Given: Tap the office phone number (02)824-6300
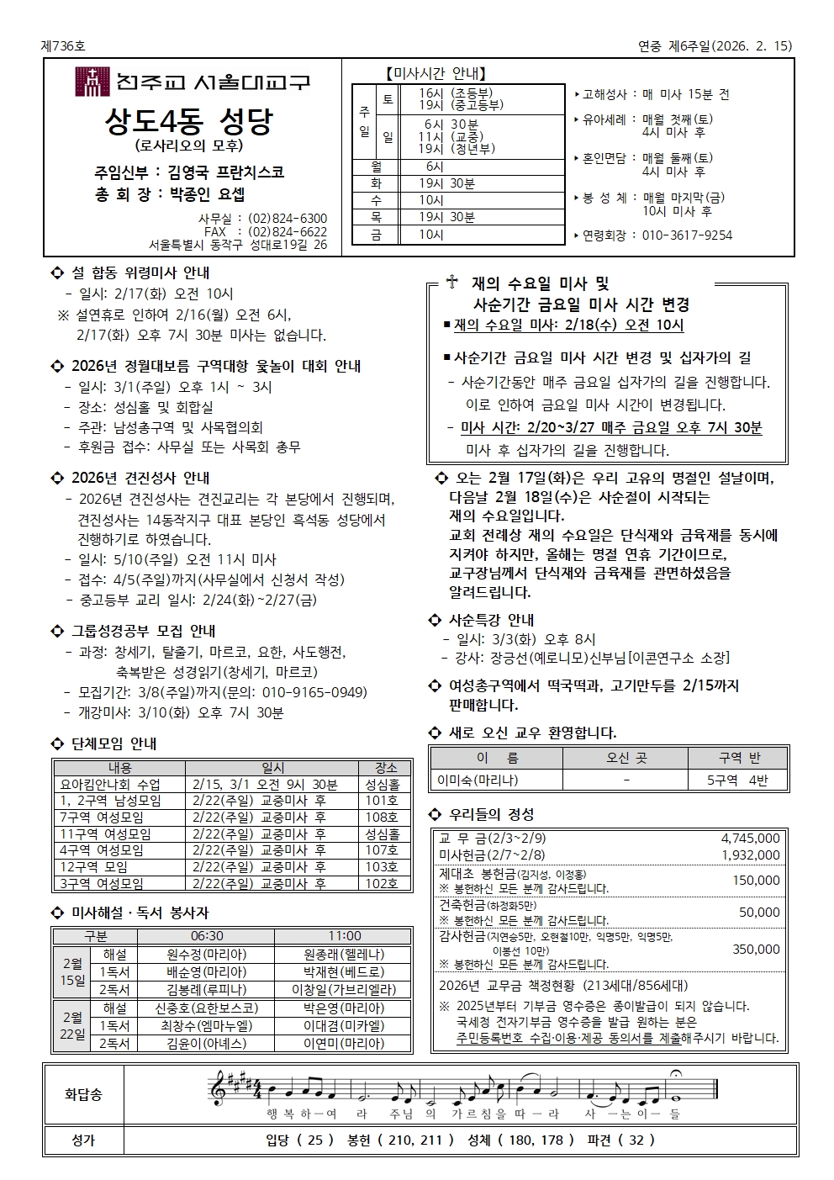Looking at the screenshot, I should tap(288, 219).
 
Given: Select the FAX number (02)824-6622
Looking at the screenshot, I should tap(288, 232).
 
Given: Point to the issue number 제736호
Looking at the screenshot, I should tap(63, 46).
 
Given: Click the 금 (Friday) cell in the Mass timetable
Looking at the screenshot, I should tap(376, 235).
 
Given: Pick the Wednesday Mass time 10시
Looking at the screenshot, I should tap(431, 200).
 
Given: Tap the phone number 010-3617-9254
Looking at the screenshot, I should tap(687, 235).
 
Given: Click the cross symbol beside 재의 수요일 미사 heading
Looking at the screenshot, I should tap(452, 283).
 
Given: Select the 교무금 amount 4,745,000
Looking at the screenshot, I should tap(750, 839).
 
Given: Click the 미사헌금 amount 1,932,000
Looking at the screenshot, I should tap(750, 855).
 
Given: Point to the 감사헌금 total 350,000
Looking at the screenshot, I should tap(756, 950).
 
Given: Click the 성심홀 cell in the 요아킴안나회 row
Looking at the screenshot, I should tap(382, 785).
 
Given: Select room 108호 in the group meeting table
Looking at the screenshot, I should tap(382, 818).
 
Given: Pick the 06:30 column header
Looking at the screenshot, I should tap(207, 936).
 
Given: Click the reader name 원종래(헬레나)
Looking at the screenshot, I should tap(343, 955).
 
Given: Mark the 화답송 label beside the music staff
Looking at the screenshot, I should tap(83, 1094).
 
